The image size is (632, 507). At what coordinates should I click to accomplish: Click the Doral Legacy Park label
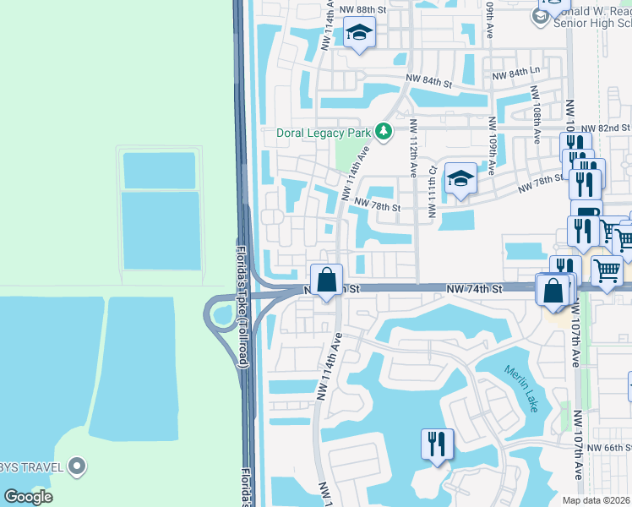point(324,133)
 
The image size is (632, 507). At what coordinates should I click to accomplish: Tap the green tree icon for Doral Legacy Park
point(384,131)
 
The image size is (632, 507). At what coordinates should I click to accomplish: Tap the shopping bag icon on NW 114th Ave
point(326,279)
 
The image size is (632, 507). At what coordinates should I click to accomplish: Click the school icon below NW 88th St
point(359,33)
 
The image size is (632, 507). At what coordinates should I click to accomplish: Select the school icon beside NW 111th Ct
point(460,178)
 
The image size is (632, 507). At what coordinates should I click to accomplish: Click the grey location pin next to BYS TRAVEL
point(78,466)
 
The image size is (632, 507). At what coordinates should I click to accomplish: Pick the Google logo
point(28,497)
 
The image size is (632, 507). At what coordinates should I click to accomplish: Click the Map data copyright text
point(597,500)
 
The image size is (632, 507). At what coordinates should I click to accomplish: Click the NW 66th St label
point(608,448)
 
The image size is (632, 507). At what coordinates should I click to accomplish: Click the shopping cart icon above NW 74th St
point(607,271)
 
